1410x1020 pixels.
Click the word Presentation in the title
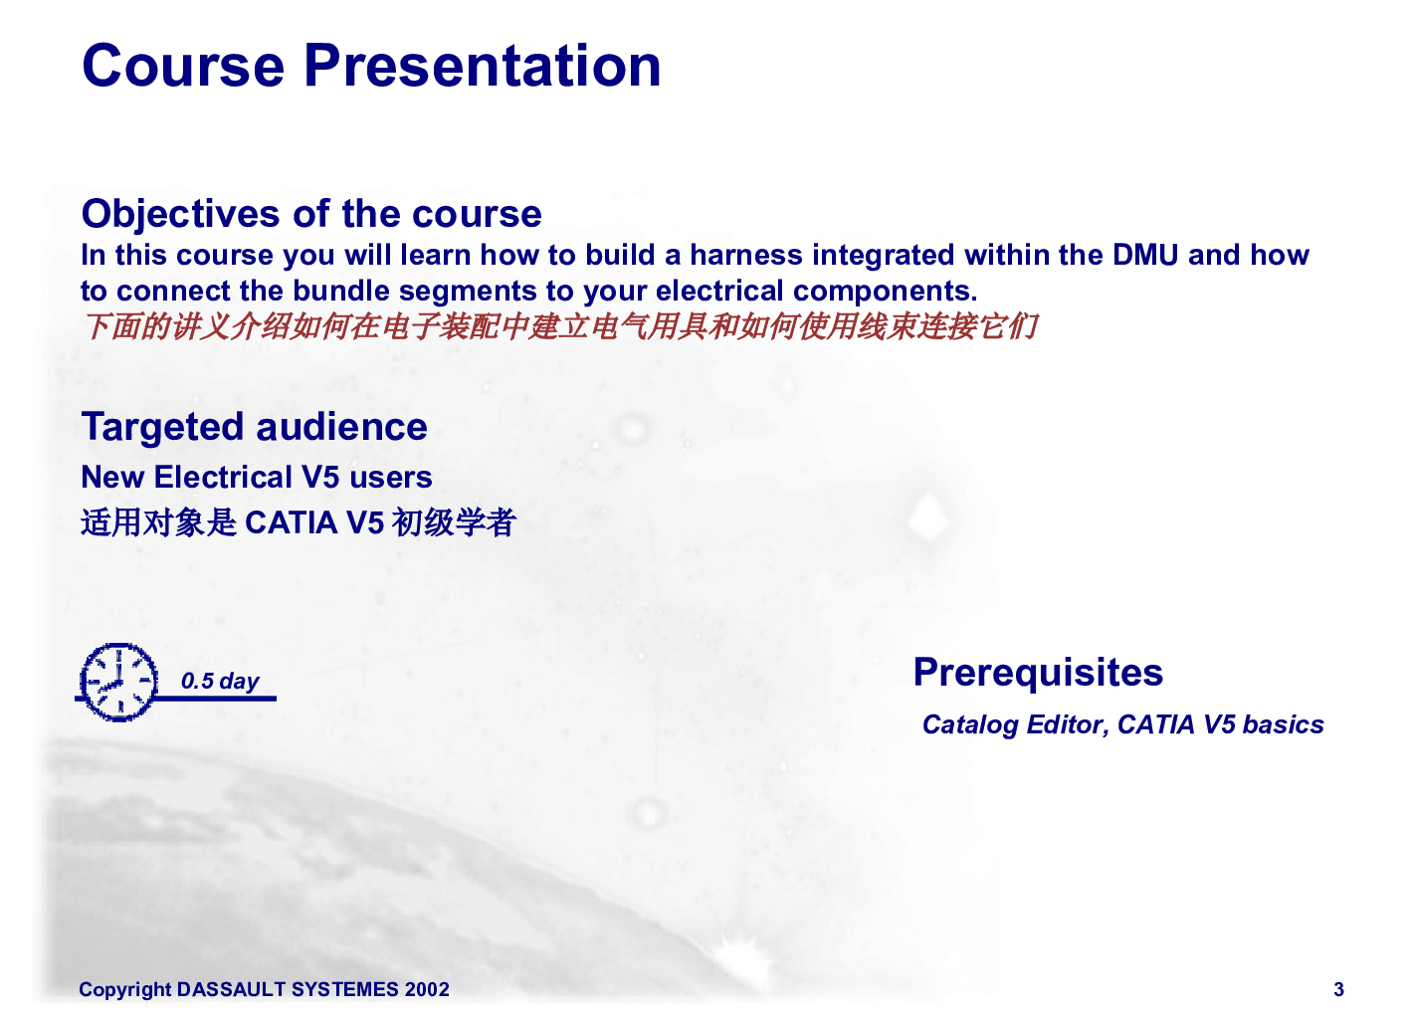483,66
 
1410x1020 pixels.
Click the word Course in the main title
183,66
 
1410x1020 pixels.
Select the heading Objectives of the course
311,214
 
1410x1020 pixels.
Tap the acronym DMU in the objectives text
1145,255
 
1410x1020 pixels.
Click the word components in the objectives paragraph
885,291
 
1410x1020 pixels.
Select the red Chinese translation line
560,326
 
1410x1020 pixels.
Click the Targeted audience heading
255,428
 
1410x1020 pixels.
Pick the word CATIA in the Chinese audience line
291,522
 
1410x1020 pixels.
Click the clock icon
119,682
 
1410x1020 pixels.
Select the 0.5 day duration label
220,681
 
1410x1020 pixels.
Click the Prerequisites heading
1038,673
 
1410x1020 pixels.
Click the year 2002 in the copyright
427,989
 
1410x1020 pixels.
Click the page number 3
1338,989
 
